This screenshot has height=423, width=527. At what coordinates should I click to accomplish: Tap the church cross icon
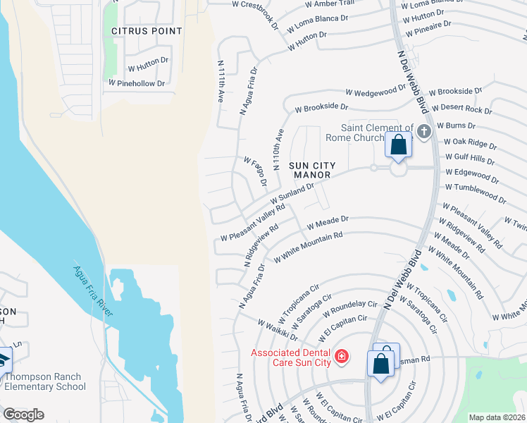click(423, 132)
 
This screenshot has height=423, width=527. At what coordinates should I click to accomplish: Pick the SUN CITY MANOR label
click(311, 170)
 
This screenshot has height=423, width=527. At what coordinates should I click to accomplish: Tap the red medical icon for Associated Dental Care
click(342, 357)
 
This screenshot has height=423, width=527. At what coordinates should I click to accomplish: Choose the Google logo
click(23, 415)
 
